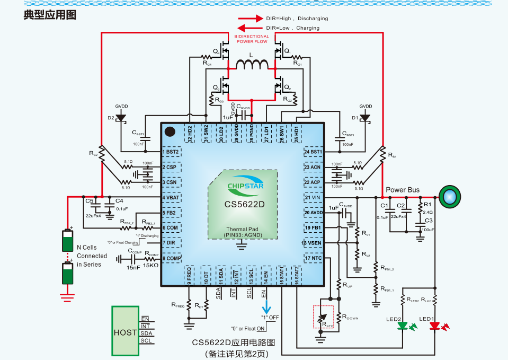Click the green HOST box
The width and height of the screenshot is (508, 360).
coord(125,331)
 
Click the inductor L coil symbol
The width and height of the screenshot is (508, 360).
coord(252,65)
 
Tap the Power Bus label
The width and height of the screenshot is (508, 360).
coord(402,190)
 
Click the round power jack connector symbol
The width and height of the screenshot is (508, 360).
coord(449,197)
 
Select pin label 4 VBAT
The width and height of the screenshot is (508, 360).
coord(172,198)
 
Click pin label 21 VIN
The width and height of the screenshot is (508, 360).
coord(313,198)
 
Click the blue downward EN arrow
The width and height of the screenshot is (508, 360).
coord(266,307)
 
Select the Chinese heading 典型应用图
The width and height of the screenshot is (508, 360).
coord(50,14)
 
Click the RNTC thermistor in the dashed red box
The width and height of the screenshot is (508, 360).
coord(323,320)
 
